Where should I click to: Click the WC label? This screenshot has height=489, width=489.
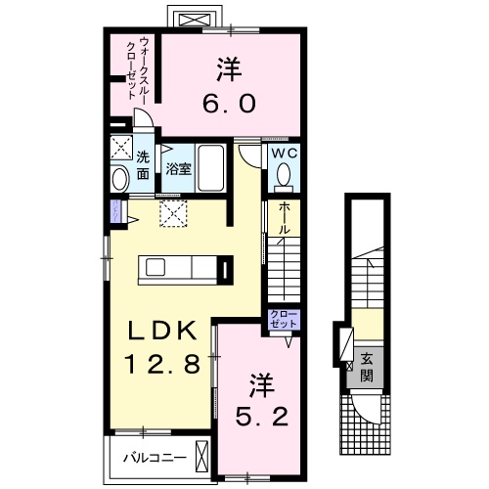[x=284, y=155]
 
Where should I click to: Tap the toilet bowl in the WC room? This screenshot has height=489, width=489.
[x=284, y=176]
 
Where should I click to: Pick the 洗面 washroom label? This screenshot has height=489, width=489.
[x=143, y=165]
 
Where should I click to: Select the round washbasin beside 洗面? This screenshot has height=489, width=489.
[x=120, y=179]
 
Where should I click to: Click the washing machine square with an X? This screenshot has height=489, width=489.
[x=121, y=150]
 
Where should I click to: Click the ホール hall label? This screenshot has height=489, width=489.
[x=284, y=217]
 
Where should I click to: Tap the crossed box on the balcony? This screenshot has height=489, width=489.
[x=202, y=455]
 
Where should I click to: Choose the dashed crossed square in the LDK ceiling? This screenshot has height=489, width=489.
[x=174, y=212]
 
